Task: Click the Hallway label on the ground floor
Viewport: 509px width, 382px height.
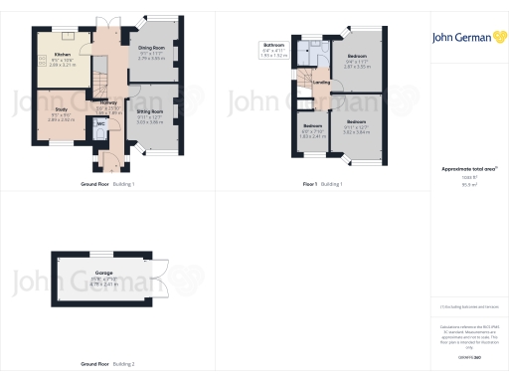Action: point(108,103)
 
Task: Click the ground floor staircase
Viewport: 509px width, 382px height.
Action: point(100,70)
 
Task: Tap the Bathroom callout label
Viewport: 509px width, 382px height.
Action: point(274,48)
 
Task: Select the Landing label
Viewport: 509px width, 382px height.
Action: point(321,96)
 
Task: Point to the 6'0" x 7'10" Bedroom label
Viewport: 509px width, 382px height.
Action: point(312,129)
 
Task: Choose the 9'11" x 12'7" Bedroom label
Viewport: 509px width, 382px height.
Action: point(356,126)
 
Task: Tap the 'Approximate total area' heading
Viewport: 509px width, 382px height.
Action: point(463,169)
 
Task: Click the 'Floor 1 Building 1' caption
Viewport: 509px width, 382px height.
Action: point(322,184)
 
